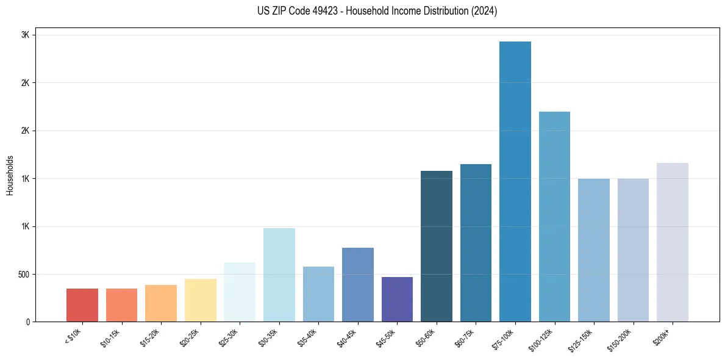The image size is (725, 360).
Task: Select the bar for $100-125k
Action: (x=554, y=217)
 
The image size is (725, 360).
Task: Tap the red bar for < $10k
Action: (x=82, y=305)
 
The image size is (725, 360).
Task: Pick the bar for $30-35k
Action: (x=279, y=275)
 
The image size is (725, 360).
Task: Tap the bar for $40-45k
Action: (x=357, y=284)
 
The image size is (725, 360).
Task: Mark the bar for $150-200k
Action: (x=633, y=250)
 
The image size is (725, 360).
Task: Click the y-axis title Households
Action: (x=10, y=175)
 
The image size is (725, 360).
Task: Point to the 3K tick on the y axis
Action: (x=26, y=35)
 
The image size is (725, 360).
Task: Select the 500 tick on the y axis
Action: (x=24, y=274)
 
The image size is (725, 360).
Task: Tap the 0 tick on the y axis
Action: (x=28, y=322)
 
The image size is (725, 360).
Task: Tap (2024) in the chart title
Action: (x=484, y=11)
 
